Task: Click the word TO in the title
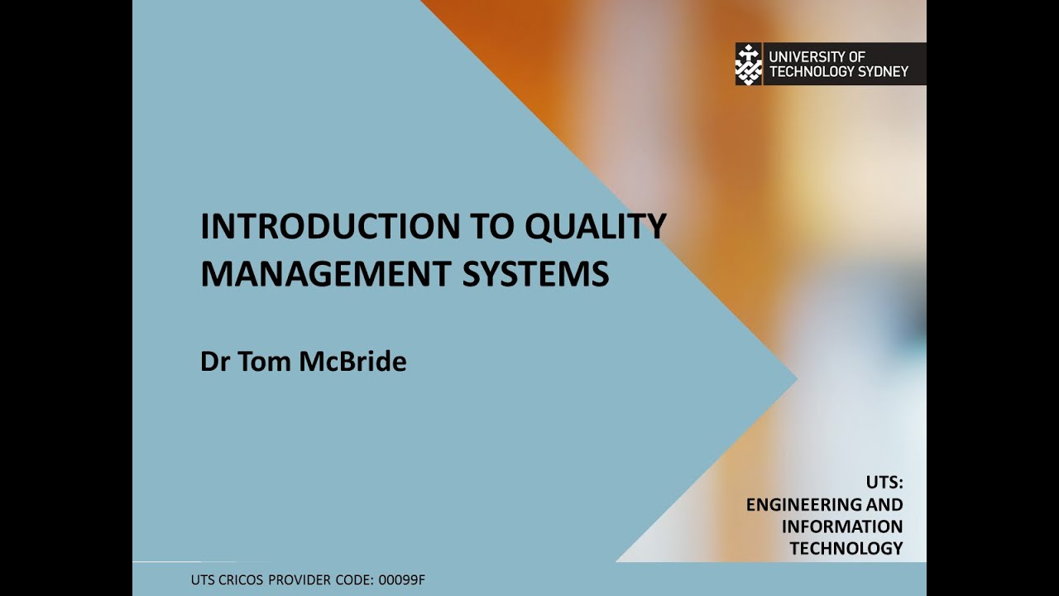point(480,227)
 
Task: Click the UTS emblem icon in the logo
point(749,64)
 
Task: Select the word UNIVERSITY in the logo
point(805,56)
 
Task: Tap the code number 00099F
point(398,579)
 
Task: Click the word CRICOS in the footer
point(245,579)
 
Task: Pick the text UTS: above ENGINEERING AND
point(884,483)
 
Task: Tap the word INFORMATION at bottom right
point(842,526)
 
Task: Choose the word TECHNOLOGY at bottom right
point(846,548)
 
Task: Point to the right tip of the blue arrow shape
point(796,381)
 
